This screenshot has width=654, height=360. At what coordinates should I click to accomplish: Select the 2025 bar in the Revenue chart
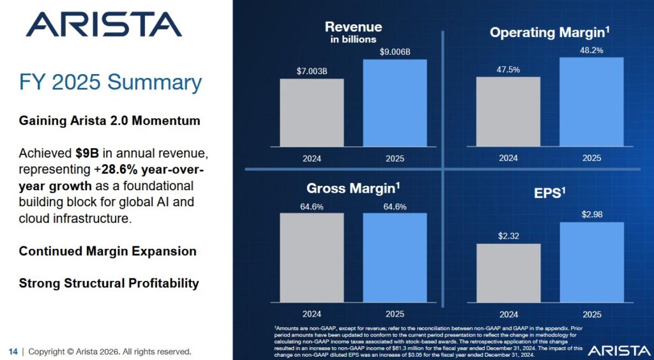tap(395, 103)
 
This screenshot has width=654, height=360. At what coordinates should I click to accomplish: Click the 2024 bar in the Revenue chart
tap(312, 113)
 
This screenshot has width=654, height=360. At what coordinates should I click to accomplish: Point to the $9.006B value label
tap(395, 51)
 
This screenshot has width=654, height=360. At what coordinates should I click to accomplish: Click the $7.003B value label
tap(312, 70)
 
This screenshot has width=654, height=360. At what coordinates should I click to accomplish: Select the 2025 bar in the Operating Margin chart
tap(591, 102)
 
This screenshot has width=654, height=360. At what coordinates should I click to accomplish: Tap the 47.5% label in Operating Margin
tap(508, 68)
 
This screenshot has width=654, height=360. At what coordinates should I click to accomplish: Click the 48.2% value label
tap(591, 49)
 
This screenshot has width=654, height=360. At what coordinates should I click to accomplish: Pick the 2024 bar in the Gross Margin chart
tap(312, 258)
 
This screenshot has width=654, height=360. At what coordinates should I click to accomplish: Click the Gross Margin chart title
tap(353, 188)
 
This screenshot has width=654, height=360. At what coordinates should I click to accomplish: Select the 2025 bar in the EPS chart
tap(591, 262)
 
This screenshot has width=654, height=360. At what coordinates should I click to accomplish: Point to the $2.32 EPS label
tap(508, 236)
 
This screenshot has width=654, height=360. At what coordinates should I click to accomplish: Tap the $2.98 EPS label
tap(591, 214)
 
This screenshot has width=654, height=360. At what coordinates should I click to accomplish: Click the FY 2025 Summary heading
tap(110, 82)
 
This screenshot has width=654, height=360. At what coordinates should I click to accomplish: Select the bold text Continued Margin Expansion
tap(108, 251)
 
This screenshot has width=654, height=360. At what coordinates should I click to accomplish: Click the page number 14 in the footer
tap(13, 352)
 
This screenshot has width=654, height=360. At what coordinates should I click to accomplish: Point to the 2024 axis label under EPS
tap(508, 314)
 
